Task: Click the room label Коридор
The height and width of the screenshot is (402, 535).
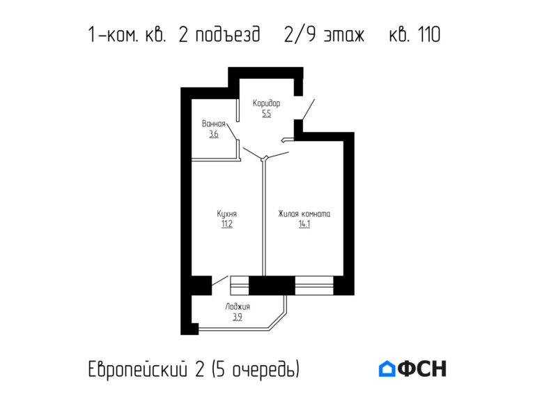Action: coord(266,103)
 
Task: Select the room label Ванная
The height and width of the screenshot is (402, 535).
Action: coord(214,124)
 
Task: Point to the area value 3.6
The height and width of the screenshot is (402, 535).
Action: coord(214,134)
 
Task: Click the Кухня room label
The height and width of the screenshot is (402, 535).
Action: coord(226,214)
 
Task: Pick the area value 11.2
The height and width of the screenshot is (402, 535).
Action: coord(226,225)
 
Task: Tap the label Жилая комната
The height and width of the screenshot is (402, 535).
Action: coord(304,214)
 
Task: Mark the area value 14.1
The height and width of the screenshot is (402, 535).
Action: coord(304,225)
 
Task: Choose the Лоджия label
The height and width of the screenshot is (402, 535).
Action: coord(238,306)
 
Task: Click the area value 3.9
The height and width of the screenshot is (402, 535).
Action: coord(238,317)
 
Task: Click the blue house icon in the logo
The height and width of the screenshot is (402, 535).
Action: coord(387,368)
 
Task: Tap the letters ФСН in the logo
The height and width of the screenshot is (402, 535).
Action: coord(422,368)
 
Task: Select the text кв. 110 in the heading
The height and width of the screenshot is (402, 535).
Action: coord(414,34)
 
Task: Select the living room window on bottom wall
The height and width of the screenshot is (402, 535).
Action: coord(314,285)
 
